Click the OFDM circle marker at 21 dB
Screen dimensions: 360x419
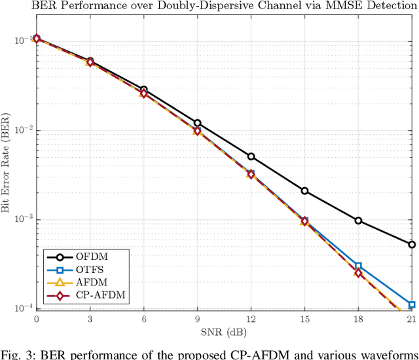[x=411, y=245]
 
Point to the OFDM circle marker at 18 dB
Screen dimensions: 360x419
[x=358, y=221]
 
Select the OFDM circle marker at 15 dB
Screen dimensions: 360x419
[x=304, y=190]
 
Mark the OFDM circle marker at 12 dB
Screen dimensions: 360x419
[x=251, y=156]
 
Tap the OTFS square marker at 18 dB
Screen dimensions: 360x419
[x=358, y=266]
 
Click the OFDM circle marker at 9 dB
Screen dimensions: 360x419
[x=197, y=123]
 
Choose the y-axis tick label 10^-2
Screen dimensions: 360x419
[x=22, y=130]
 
